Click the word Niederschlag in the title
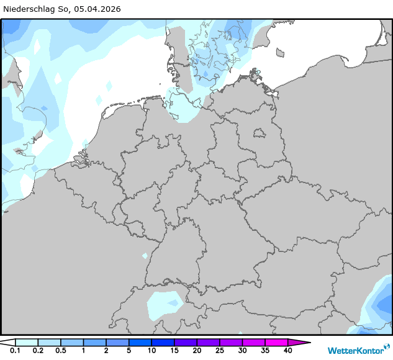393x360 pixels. click(30, 9)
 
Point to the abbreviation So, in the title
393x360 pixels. click(66, 9)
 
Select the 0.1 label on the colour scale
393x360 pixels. click(15, 351)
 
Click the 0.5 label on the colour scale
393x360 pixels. click(60, 351)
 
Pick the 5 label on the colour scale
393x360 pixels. click(129, 351)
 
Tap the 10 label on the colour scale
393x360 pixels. click(151, 351)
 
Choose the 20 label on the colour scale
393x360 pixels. click(197, 351)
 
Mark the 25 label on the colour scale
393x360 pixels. click(219, 351)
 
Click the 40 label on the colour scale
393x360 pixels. click(287, 351)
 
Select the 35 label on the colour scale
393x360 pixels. click(264, 351)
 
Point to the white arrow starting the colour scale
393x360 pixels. click(7, 342)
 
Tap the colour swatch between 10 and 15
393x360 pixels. click(163, 342)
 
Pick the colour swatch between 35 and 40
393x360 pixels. click(276, 342)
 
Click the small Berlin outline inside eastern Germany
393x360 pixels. click(259, 132)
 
